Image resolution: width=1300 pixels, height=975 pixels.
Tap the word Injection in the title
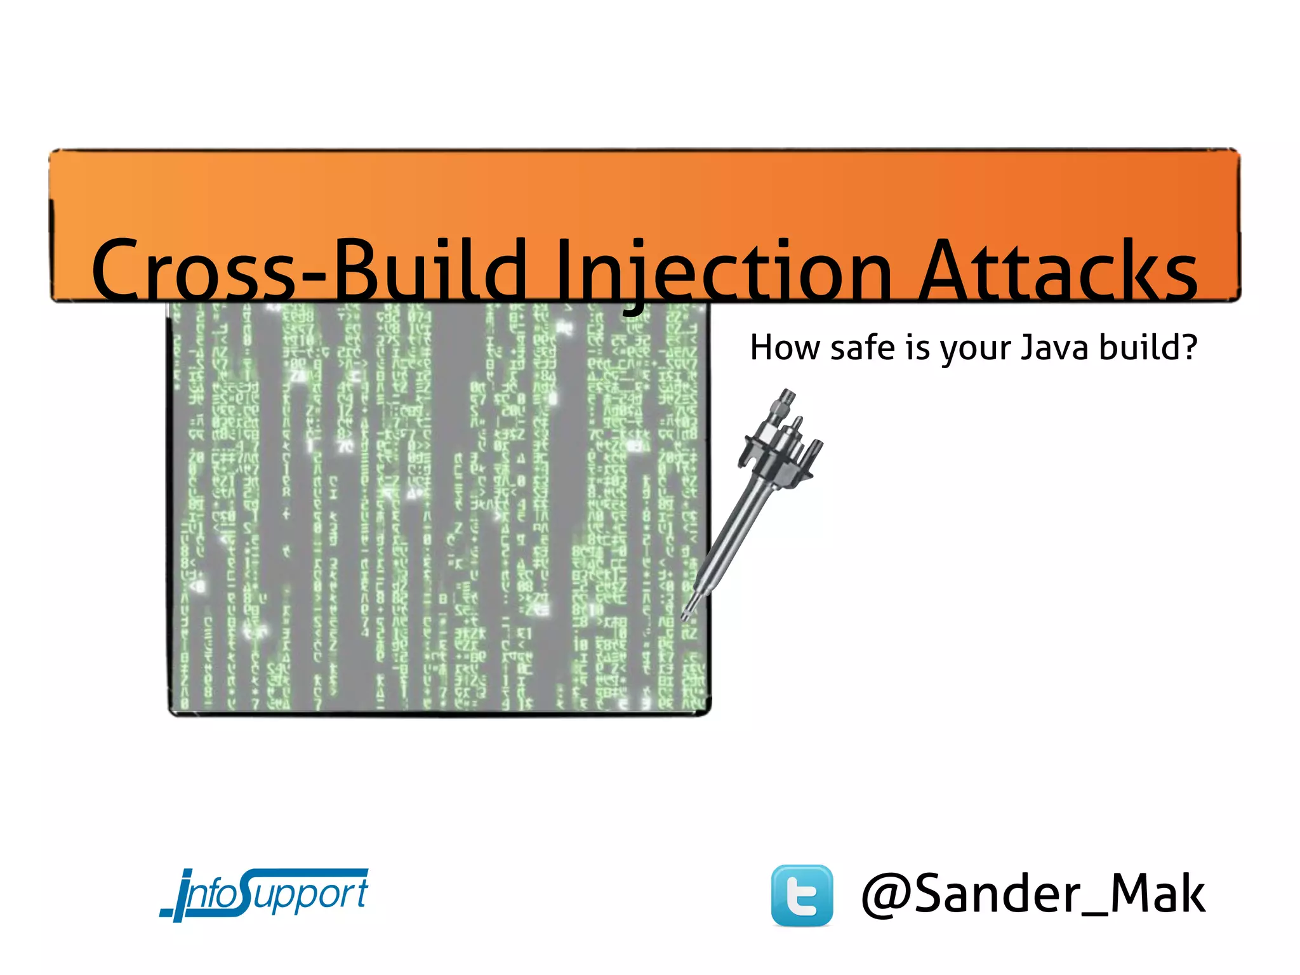tap(724, 270)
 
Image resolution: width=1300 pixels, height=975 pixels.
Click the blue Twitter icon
tap(802, 895)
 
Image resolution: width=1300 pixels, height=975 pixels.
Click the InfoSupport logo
tap(264, 894)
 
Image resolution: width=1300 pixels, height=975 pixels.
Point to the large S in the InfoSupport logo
tap(241, 892)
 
